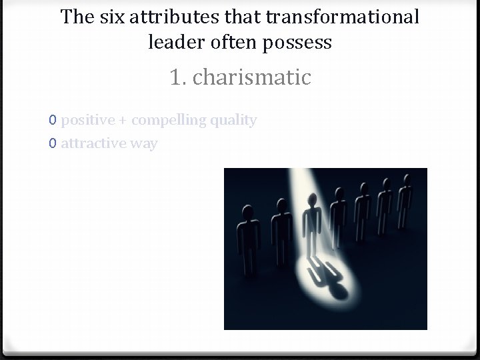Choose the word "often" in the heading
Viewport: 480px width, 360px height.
tap(233, 43)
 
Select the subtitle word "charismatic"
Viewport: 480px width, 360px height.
tap(251, 77)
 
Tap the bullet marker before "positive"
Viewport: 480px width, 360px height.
tap(52, 121)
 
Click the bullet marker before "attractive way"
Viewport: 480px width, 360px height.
tap(52, 143)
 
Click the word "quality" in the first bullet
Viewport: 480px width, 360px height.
tap(233, 120)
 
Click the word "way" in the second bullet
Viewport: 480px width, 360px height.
tap(144, 143)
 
